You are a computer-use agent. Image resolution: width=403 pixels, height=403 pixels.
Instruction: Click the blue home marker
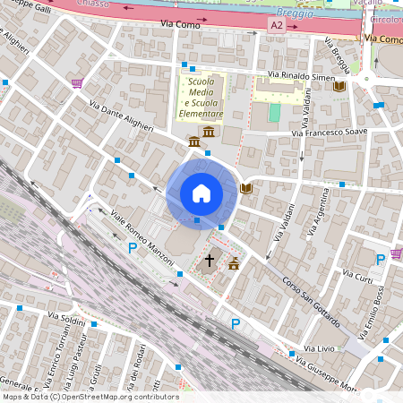point(201,193)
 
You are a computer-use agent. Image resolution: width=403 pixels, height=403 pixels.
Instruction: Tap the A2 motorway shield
point(277,26)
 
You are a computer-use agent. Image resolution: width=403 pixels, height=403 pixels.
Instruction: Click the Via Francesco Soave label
point(328,133)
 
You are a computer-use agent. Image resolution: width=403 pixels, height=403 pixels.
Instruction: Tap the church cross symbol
point(210,261)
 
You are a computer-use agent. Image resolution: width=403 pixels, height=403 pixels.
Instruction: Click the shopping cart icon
point(77,83)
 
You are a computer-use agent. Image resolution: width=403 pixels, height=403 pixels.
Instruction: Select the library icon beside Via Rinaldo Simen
point(339,87)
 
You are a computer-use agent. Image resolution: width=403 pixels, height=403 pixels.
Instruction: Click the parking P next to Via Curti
point(381,260)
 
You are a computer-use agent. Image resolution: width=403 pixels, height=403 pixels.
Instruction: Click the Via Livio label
point(318,347)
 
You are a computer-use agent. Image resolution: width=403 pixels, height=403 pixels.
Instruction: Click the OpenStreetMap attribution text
point(90,397)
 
